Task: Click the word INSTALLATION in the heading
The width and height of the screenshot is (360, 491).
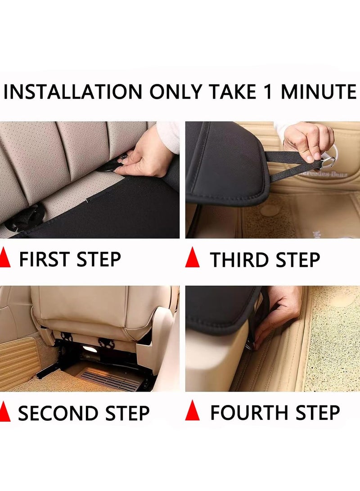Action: click(73, 92)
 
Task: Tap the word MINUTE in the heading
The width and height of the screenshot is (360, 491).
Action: click(319, 92)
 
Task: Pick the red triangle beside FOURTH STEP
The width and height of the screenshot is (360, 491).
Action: click(192, 412)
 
